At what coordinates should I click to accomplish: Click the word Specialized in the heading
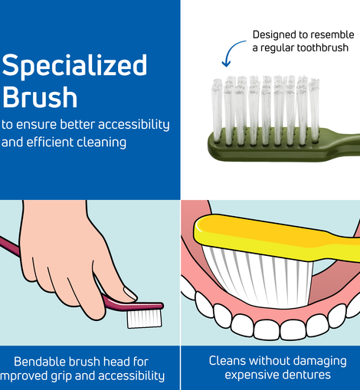(74, 66)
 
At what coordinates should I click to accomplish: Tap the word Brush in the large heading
(40, 97)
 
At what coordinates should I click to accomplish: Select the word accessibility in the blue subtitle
(134, 125)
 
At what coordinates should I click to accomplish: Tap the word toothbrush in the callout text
(322, 48)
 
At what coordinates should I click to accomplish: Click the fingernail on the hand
(130, 293)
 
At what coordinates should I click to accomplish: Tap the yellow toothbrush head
(268, 236)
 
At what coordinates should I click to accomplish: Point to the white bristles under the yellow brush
(259, 277)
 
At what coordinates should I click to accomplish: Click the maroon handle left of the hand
(10, 247)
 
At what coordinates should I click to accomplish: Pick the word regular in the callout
(278, 48)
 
